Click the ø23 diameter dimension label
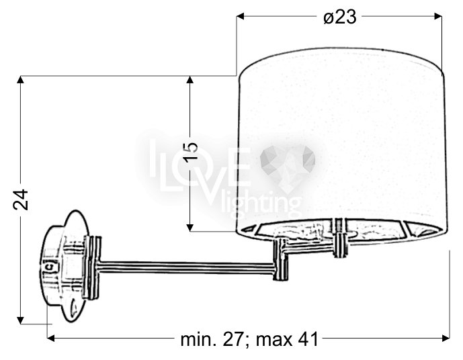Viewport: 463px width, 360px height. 339,17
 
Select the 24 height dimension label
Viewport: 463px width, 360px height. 21,199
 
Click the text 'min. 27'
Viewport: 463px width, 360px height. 212,340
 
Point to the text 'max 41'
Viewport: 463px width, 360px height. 287,340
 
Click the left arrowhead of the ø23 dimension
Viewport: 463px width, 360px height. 241,16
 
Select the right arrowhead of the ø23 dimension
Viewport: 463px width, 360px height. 438,16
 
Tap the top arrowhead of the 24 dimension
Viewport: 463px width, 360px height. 20,80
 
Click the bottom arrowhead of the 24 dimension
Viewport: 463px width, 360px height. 20,320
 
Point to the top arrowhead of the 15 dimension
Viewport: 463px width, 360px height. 190,80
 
